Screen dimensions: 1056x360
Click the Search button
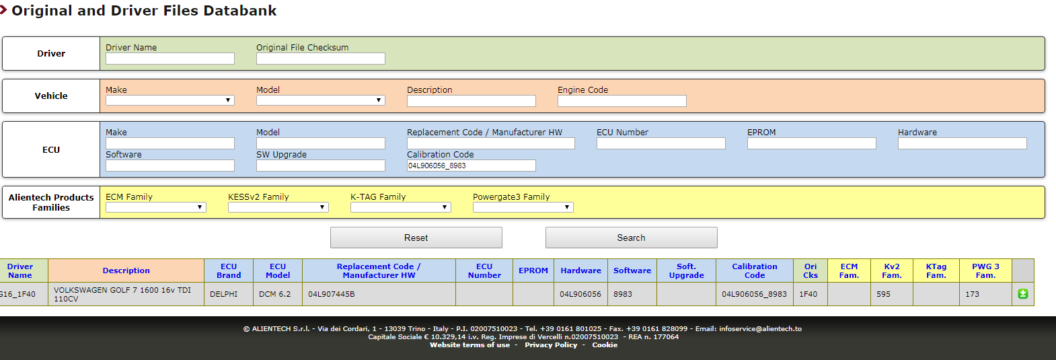point(631,238)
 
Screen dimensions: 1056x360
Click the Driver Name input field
point(169,59)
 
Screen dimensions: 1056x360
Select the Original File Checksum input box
point(321,59)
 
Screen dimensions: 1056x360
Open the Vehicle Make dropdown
point(169,100)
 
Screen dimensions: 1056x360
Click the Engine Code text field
point(621,101)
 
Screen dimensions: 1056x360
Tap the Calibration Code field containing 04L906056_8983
point(471,166)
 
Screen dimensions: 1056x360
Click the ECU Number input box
point(661,143)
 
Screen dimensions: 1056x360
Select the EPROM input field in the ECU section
point(811,143)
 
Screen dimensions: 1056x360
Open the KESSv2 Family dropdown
point(278,207)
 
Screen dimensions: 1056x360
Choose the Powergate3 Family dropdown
point(523,207)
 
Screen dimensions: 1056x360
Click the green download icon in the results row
point(1022,294)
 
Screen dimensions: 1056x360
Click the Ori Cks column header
point(810,271)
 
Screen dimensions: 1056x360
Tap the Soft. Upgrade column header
point(686,271)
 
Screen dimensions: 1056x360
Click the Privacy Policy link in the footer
point(551,345)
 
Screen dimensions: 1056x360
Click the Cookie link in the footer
point(605,345)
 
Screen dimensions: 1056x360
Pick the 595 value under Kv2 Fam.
point(883,294)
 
